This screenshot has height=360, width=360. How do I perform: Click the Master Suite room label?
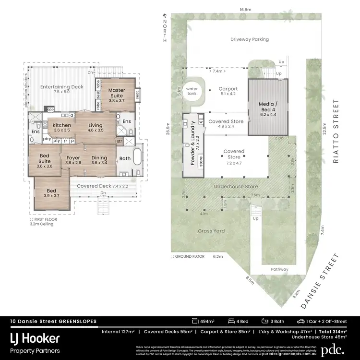116,93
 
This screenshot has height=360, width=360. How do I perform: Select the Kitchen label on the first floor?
62,128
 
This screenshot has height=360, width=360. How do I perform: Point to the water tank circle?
192,89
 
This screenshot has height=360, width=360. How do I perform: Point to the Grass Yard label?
212,231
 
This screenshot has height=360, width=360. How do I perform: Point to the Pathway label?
279,269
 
